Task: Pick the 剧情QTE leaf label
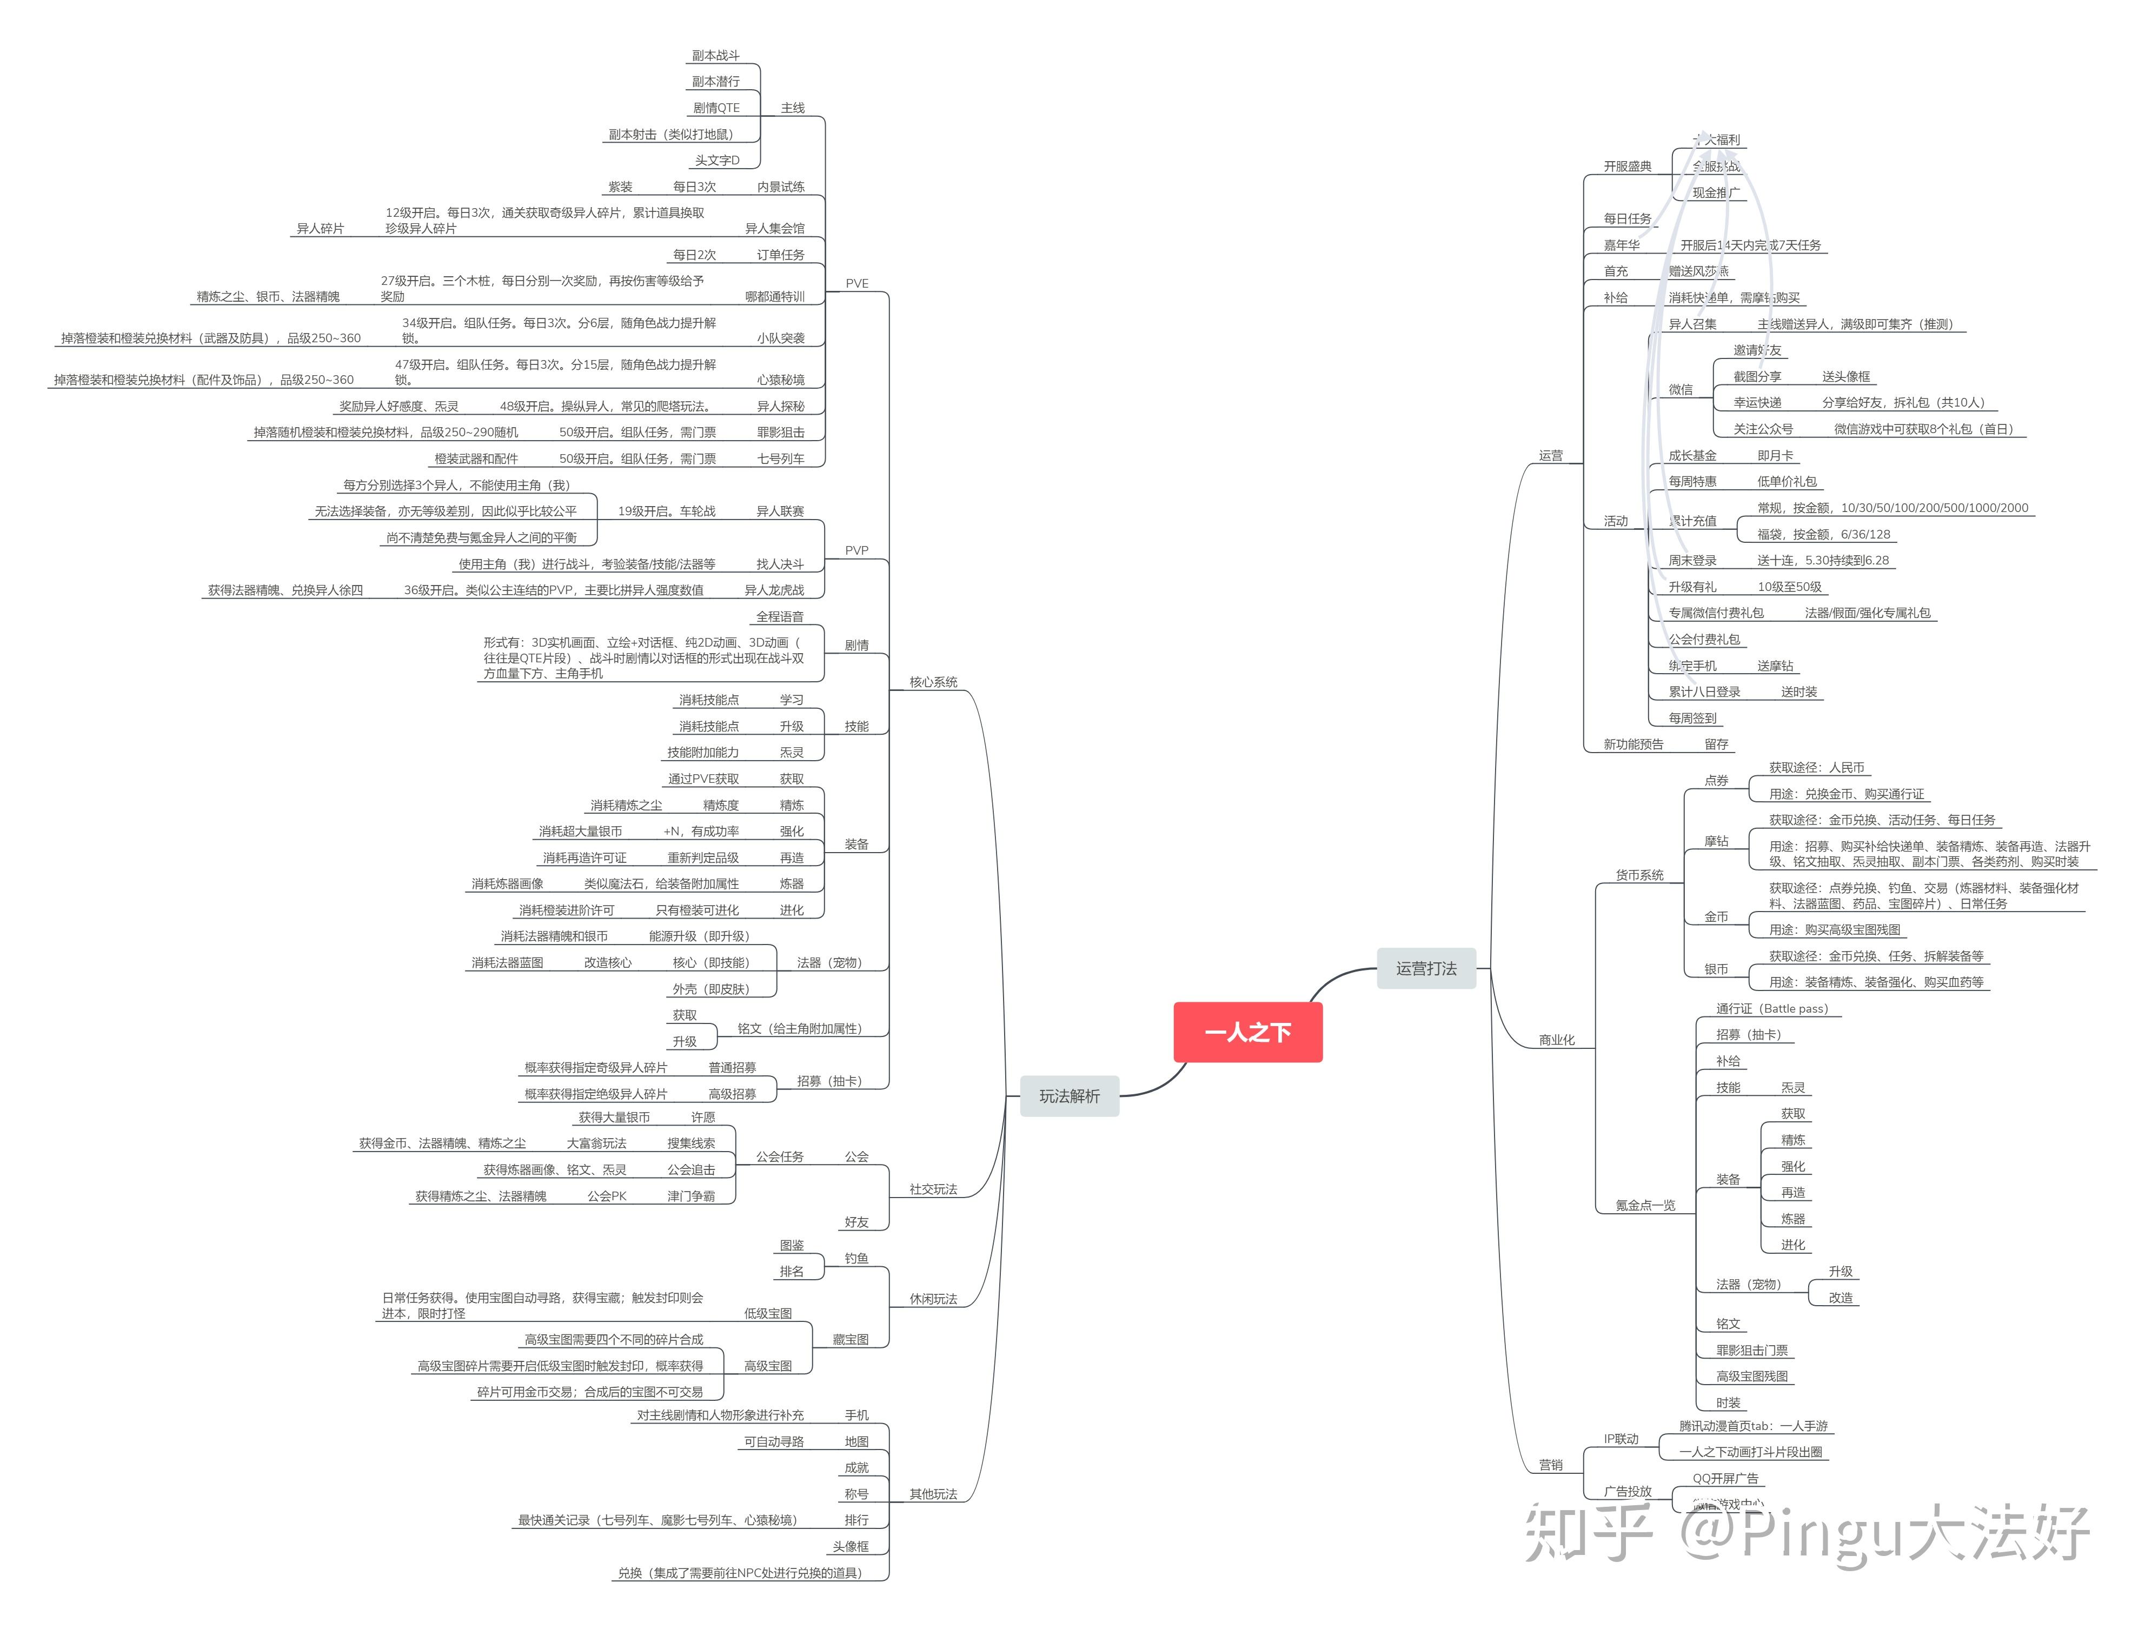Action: pyautogui.click(x=716, y=108)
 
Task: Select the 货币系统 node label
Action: pyautogui.click(x=1639, y=875)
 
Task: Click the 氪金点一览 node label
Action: pyautogui.click(x=1645, y=1205)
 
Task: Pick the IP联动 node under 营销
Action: pyautogui.click(x=1621, y=1438)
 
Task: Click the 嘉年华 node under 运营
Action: pyautogui.click(x=1622, y=245)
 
